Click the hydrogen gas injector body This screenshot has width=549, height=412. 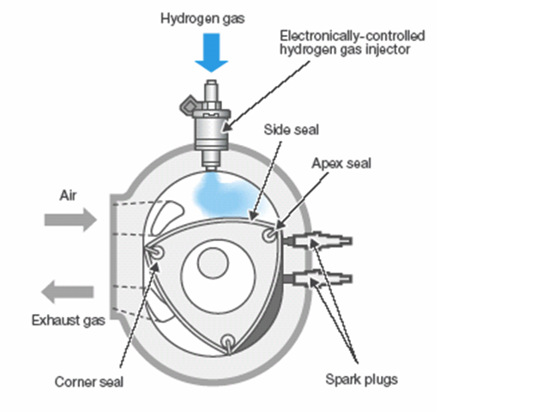(211, 129)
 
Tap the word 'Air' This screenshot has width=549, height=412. (69, 195)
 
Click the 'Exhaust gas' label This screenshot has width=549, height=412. (68, 321)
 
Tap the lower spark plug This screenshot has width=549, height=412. (322, 278)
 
